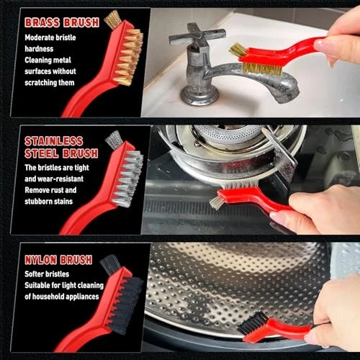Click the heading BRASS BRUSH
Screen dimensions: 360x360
[62, 22]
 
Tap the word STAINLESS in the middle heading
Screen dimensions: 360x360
[54, 141]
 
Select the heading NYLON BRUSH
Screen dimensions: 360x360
[58, 260]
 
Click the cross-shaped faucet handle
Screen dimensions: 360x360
[197, 37]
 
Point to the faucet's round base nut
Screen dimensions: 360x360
[199, 96]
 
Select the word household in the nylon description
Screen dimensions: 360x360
[49, 297]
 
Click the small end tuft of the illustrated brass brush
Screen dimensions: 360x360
[112, 19]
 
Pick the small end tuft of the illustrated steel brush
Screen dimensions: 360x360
[114, 140]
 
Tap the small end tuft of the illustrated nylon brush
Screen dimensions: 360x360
[110, 264]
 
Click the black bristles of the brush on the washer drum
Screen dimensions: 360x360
[251, 323]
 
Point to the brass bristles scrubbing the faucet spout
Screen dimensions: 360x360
[262, 69]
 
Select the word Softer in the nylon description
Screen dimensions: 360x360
[35, 274]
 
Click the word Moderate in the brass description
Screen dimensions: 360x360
[39, 37]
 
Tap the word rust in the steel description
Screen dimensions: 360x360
[55, 190]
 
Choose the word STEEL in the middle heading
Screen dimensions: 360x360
[42, 153]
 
